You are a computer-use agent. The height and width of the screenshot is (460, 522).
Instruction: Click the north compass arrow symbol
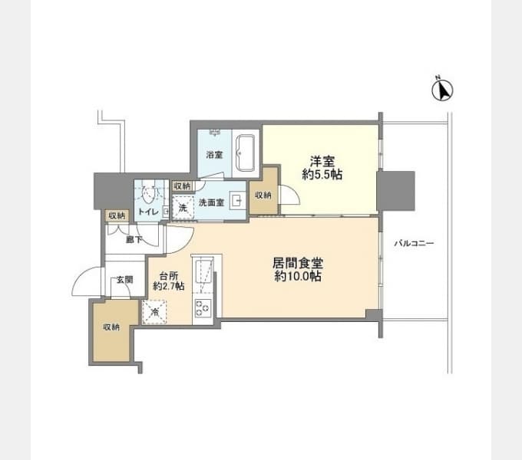pos(442,90)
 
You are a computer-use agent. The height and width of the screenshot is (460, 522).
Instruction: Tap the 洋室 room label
pos(322,161)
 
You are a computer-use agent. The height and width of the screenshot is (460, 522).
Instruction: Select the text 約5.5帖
pos(322,175)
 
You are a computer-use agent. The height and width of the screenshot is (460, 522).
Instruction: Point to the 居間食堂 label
pos(298,264)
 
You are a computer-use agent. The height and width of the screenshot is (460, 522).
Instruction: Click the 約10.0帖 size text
pos(298,277)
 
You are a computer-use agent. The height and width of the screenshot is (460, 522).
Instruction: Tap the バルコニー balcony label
pos(414,243)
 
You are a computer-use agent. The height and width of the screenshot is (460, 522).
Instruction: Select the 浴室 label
pos(214,155)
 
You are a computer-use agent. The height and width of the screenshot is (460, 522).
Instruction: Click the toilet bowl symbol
pos(148,192)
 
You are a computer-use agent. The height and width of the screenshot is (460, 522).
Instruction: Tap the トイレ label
pos(148,212)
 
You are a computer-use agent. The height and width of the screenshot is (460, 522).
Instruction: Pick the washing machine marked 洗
pos(183,208)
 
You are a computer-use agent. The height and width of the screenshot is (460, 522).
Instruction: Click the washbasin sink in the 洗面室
pos(237,201)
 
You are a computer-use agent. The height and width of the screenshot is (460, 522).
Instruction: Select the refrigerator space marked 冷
pos(154,312)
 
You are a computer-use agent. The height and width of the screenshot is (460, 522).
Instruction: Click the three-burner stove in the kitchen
pos(203,307)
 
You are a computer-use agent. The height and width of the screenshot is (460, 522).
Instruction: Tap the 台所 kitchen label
pos(169,276)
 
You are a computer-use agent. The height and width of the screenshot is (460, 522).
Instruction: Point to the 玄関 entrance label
pos(124,280)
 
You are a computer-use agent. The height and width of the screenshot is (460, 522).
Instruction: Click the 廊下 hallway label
pos(134,239)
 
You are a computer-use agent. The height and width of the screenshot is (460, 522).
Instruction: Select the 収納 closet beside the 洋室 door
pos(263,190)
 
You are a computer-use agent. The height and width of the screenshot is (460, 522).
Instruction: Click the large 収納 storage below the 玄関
pos(111,330)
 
